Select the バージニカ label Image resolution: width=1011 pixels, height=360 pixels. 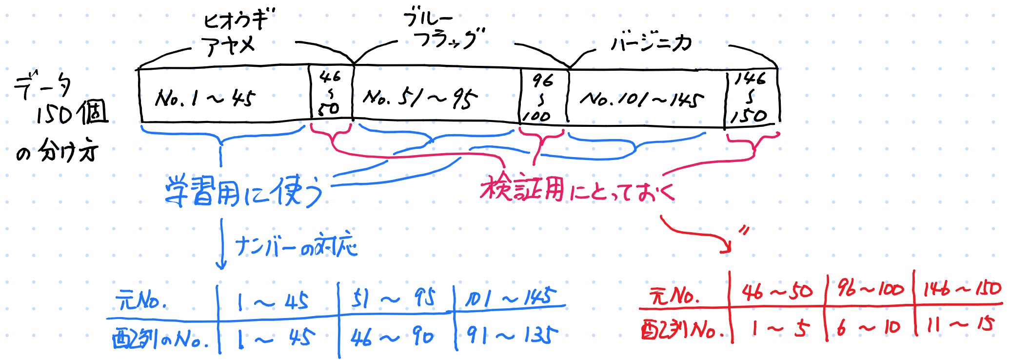tap(651, 43)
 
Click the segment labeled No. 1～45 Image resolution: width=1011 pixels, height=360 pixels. tap(205, 98)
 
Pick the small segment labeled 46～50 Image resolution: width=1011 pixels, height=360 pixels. tap(330, 93)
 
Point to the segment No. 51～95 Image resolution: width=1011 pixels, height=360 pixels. tap(420, 98)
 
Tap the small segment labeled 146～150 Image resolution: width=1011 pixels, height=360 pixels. tap(750, 98)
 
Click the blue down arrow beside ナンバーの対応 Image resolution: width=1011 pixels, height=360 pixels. tap(222, 244)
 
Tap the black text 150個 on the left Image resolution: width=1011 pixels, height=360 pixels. tap(72, 113)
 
